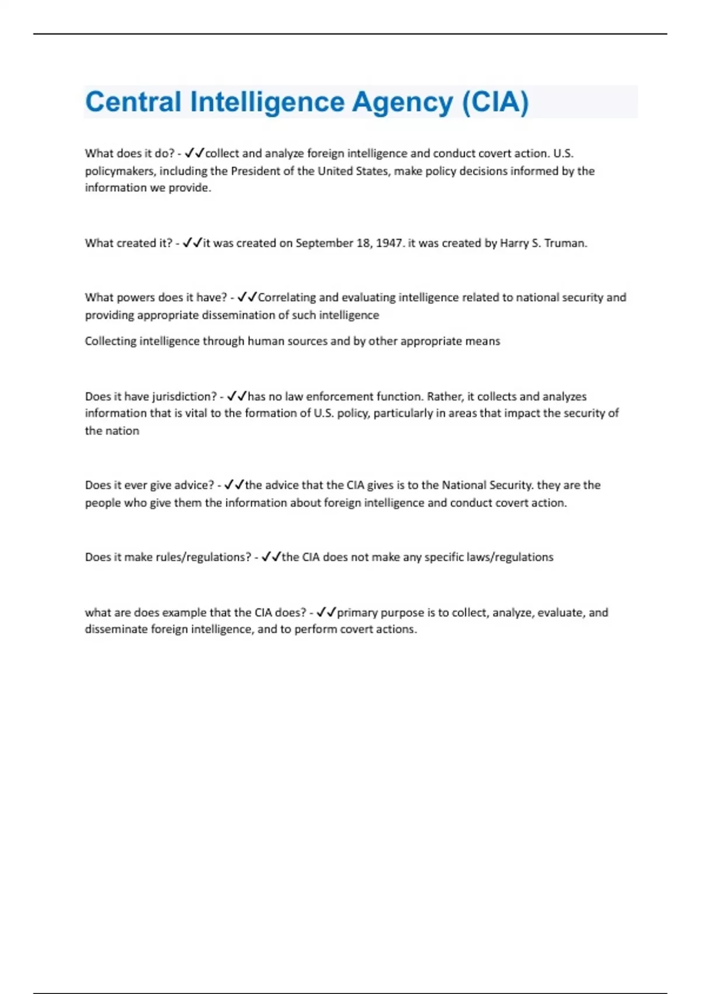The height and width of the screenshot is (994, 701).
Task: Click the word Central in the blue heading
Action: pos(133,102)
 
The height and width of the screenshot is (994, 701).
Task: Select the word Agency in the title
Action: pos(402,102)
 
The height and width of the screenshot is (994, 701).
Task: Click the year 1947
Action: pos(389,243)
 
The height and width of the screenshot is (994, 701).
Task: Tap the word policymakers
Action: pos(119,171)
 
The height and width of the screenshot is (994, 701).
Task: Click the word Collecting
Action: pos(110,341)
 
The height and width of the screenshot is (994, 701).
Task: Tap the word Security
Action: pos(509,485)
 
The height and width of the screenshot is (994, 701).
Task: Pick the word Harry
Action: pos(513,243)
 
